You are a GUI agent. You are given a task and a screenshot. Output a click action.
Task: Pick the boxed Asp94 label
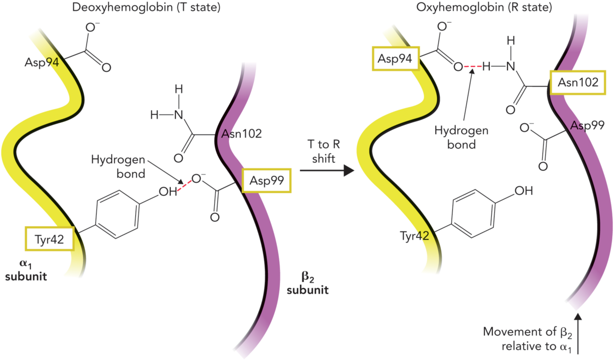click(395, 58)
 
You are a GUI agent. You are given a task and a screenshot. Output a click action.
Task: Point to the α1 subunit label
click(30, 270)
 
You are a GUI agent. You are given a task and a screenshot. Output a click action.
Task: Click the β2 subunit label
click(307, 285)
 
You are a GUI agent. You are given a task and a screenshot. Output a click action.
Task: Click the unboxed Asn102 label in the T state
click(242, 134)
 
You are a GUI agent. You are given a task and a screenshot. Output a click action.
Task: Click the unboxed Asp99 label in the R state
click(588, 126)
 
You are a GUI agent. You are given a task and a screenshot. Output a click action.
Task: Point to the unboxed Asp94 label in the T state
click(42, 61)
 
